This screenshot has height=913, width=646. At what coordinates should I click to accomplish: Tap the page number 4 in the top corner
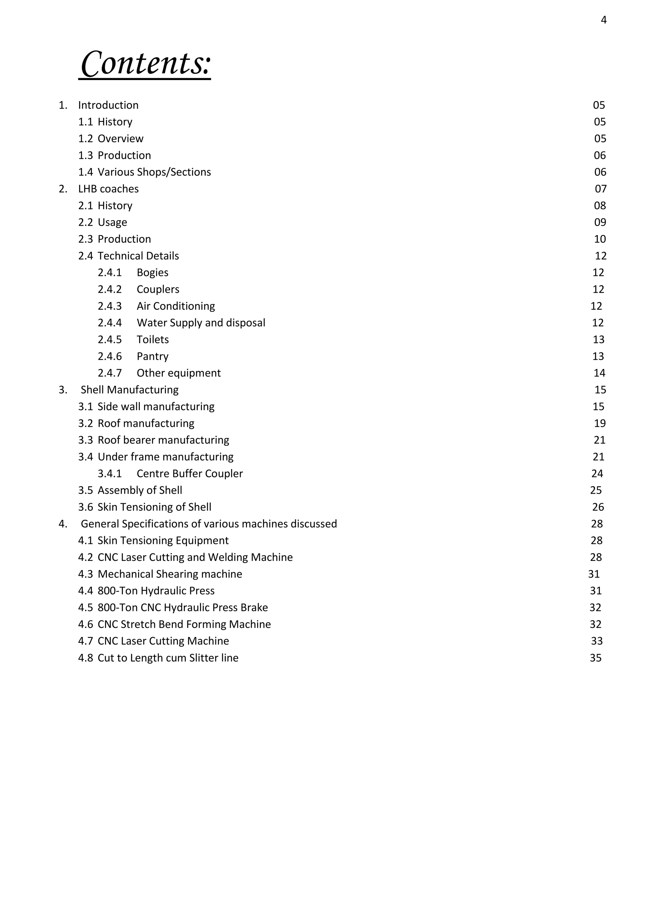pyautogui.click(x=603, y=20)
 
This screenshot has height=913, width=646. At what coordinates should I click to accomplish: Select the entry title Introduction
pyautogui.click(x=108, y=105)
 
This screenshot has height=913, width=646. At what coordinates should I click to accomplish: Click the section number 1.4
pyautogui.click(x=85, y=172)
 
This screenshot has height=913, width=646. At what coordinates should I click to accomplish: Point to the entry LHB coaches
pyautogui.click(x=108, y=189)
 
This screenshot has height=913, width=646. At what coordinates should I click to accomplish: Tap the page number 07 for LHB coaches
pyautogui.click(x=601, y=189)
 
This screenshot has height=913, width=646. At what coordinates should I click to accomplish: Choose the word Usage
pyautogui.click(x=112, y=222)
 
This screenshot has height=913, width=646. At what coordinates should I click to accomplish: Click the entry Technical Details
pyautogui.click(x=138, y=256)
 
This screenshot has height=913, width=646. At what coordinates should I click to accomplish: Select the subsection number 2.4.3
pyautogui.click(x=110, y=306)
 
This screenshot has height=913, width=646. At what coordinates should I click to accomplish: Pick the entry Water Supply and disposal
pyautogui.click(x=201, y=323)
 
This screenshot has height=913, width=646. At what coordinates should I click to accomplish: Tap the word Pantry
pyautogui.click(x=152, y=356)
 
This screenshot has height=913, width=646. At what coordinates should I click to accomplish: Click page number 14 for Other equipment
pyautogui.click(x=599, y=373)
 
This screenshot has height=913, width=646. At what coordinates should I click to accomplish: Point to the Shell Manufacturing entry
pyautogui.click(x=129, y=390)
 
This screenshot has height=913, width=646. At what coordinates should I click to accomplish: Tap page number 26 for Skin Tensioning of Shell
pyautogui.click(x=598, y=507)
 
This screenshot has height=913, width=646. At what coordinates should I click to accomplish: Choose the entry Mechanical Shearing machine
pyautogui.click(x=170, y=574)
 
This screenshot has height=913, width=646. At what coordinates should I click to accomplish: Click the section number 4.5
pyautogui.click(x=85, y=608)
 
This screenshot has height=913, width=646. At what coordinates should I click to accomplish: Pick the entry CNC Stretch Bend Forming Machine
pyautogui.click(x=184, y=624)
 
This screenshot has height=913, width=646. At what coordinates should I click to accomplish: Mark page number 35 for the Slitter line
pyautogui.click(x=596, y=658)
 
